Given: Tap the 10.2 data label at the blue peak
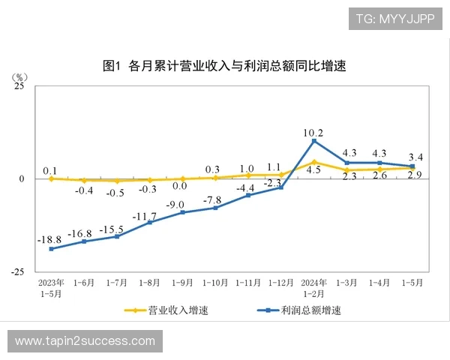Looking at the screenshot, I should pos(313,133).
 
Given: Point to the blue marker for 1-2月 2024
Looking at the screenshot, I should pos(313,141).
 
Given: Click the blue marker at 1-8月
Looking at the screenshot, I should pos(150,223).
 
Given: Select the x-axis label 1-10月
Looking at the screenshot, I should pos(215,283).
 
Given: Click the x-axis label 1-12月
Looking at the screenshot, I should pos(280,283).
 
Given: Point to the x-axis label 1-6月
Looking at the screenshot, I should pos(84,283).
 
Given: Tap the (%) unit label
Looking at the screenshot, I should pos(21,77).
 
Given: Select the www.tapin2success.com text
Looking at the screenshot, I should pos(85,341).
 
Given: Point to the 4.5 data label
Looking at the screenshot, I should pos(313,170).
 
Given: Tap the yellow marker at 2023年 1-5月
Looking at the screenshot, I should pos(51,178).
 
